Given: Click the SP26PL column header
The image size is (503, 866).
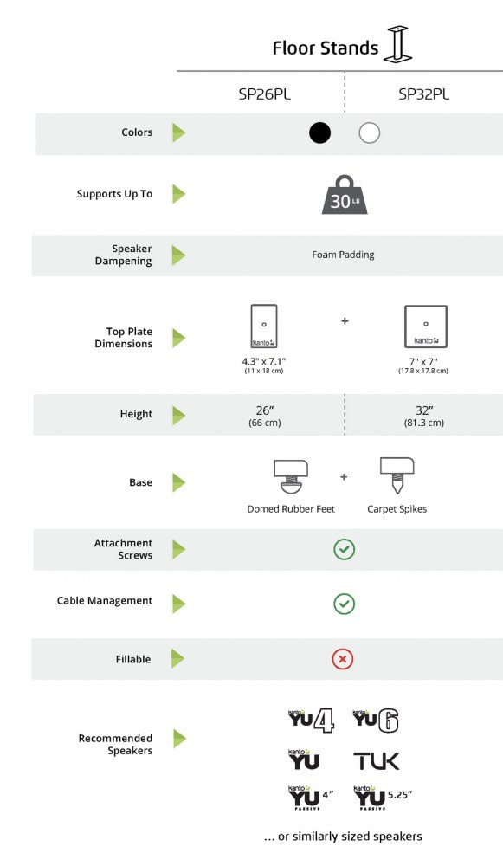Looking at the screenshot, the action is [264, 94].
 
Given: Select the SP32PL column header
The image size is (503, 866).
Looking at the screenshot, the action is [424, 94].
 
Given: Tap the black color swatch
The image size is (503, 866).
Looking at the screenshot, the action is [319, 132].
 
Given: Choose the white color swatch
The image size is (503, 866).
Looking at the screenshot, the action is [370, 132].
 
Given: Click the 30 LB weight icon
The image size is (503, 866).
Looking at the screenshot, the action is [345, 194].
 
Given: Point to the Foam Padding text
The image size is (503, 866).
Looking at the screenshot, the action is [343, 255].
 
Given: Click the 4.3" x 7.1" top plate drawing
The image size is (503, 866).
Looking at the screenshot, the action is [264, 326].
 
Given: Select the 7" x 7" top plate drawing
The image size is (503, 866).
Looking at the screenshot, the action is [426, 326].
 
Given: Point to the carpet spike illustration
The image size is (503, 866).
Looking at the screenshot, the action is [397, 475].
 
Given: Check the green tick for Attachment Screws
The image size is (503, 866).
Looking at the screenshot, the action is [344, 550].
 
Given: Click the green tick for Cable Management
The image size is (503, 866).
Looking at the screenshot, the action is [344, 604].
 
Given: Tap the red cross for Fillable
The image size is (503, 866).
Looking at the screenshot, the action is [343, 659].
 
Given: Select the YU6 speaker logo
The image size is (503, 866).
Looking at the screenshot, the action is [376, 721].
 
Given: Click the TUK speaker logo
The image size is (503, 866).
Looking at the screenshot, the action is [376, 761].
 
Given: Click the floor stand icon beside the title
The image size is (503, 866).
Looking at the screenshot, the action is [398, 44].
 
